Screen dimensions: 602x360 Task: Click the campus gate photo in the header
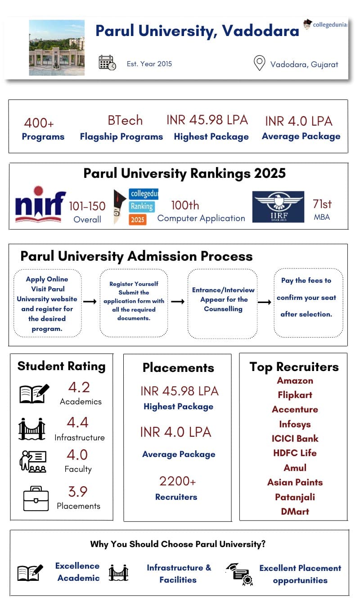(57, 47)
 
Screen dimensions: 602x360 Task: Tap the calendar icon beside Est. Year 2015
(107, 63)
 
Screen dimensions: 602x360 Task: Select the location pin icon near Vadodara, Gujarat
(259, 63)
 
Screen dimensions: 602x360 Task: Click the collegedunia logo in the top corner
(325, 24)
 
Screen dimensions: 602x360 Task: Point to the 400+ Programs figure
(39, 123)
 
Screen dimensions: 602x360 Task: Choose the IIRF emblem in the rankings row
(278, 207)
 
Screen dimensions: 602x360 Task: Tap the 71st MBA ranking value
(322, 204)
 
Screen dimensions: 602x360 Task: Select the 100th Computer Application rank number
(185, 205)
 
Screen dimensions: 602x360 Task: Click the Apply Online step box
(47, 303)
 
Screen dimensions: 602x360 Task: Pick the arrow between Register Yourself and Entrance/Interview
(178, 302)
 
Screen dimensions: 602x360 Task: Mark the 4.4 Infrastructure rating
(77, 422)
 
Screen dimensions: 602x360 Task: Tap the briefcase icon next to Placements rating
(36, 498)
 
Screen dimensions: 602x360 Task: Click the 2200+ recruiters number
(177, 481)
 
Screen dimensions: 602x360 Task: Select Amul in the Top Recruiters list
(295, 468)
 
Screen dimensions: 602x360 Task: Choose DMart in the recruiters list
(295, 511)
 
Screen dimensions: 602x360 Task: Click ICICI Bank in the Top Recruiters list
(295, 439)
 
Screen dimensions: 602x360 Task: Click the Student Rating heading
(61, 366)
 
